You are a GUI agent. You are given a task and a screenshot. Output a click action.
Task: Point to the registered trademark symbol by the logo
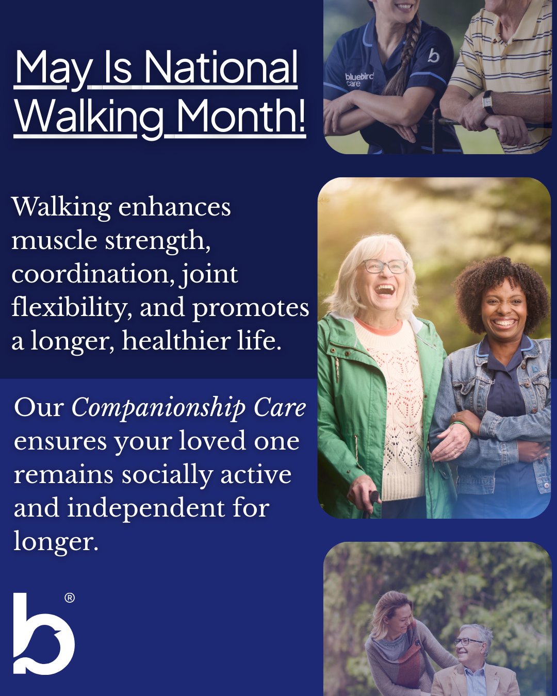tap(70, 598)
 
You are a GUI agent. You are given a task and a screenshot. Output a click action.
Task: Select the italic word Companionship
tap(158, 408)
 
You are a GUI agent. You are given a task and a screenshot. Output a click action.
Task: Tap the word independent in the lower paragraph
tap(145, 509)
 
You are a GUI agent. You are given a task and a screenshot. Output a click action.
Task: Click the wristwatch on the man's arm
tap(487, 101)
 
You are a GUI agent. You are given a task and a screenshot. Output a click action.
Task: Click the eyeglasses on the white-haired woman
tap(385, 266)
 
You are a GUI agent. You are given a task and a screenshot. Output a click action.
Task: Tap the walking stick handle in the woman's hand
tap(374, 497)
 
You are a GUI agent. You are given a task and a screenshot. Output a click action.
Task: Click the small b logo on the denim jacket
tap(535, 368)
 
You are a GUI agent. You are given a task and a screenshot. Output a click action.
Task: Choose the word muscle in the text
tap(54, 241)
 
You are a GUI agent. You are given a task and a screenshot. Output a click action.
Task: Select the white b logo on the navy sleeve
tap(433, 55)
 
